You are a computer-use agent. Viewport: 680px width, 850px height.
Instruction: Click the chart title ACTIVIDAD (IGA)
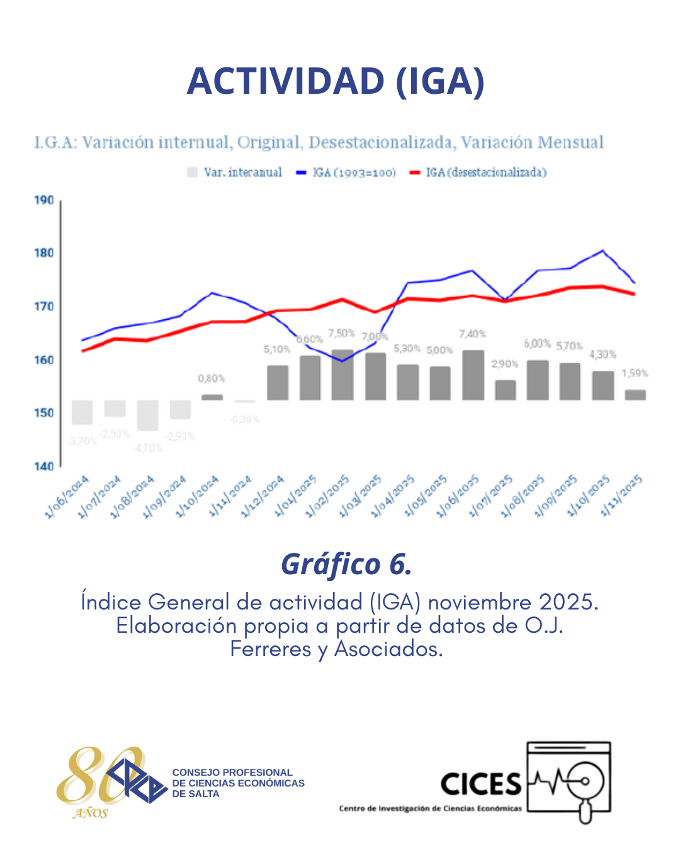[x=336, y=81]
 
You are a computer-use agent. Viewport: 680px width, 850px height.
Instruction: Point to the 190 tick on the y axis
[x=44, y=200]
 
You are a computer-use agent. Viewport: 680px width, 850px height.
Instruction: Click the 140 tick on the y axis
[x=44, y=466]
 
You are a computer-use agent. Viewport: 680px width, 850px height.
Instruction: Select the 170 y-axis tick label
[x=44, y=307]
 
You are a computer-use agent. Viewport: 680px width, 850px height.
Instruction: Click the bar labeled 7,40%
[x=473, y=375]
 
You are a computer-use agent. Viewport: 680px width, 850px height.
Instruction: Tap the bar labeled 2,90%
[x=505, y=390]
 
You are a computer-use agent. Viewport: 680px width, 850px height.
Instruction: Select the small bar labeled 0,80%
[x=212, y=397]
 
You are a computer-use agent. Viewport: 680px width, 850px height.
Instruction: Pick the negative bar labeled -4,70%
[x=147, y=415]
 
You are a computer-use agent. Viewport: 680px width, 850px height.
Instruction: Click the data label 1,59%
[x=635, y=373]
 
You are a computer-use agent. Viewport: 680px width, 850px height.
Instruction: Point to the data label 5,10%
[x=277, y=349]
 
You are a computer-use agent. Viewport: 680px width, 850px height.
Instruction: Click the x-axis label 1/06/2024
[x=67, y=497]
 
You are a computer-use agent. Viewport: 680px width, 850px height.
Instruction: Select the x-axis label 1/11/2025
[x=621, y=497]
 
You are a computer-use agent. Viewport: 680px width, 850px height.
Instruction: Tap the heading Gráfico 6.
[x=346, y=564]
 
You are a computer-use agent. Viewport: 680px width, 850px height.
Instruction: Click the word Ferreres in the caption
[x=270, y=649]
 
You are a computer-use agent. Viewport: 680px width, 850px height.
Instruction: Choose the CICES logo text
[x=481, y=785]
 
